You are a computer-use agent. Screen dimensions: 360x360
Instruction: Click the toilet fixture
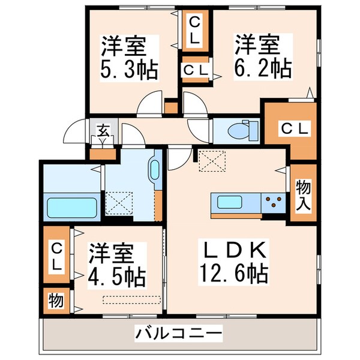[244, 129]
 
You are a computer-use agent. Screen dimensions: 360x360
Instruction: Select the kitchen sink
[227, 200]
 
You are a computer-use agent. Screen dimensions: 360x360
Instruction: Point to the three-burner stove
[274, 203]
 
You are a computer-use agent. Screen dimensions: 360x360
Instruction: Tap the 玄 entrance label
[103, 128]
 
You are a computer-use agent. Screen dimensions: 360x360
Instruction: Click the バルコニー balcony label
[178, 332]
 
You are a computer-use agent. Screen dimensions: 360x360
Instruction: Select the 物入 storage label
[303, 194]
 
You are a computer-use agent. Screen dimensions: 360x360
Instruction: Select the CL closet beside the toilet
[293, 128]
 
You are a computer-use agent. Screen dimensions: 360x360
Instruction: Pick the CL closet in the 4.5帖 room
[56, 255]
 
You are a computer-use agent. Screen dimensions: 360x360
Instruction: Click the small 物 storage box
[55, 301]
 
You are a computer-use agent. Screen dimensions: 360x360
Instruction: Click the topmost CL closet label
[196, 29]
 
